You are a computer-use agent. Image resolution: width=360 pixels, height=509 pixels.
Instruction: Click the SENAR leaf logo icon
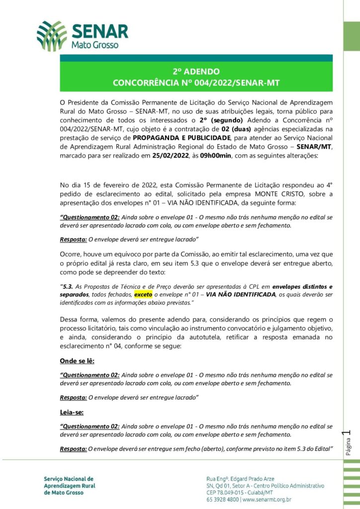(52, 35)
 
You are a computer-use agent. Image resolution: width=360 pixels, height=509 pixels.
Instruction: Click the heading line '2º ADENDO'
(196, 71)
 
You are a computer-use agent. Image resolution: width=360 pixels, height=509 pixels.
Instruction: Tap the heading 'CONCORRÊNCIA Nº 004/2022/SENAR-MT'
(196, 83)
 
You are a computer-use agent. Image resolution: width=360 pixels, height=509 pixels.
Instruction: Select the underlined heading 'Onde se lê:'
(77, 360)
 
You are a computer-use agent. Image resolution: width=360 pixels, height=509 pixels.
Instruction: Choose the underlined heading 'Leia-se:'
(72, 412)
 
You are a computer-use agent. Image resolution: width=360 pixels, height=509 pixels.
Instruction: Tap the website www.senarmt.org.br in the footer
(267, 499)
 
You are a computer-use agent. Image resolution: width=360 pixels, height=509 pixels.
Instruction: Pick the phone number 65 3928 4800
(222, 499)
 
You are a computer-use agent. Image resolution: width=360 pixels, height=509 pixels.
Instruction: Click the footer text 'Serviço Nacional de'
(68, 478)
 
